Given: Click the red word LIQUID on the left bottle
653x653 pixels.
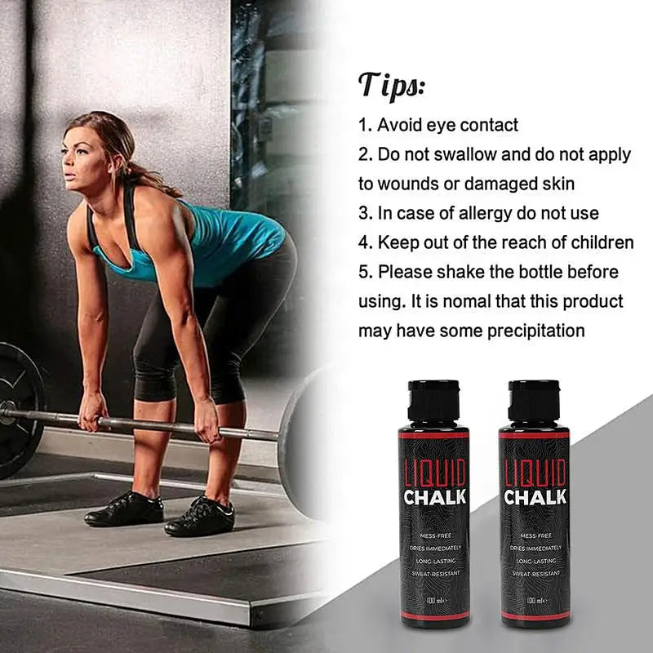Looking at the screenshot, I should [435, 473].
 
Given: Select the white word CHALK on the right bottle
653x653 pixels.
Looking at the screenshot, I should [535, 496].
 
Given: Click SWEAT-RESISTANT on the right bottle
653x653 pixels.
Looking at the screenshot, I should [535, 574].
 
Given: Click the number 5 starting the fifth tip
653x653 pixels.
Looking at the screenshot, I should [363, 272].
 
